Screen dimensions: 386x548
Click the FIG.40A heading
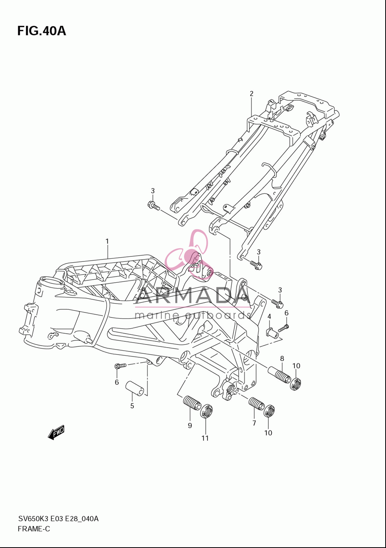42,31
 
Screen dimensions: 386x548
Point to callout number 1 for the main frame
107,241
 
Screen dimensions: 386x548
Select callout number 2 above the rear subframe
252,93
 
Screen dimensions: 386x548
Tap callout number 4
269,317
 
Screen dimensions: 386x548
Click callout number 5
132,406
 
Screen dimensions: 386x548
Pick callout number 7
254,423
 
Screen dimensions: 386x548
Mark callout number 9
190,426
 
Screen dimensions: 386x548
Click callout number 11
205,438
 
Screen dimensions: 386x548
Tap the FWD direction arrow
56,433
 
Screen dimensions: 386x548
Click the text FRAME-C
34,529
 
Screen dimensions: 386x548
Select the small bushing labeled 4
272,333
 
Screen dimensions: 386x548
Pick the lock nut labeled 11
207,411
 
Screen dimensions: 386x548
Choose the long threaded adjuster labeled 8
279,375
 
